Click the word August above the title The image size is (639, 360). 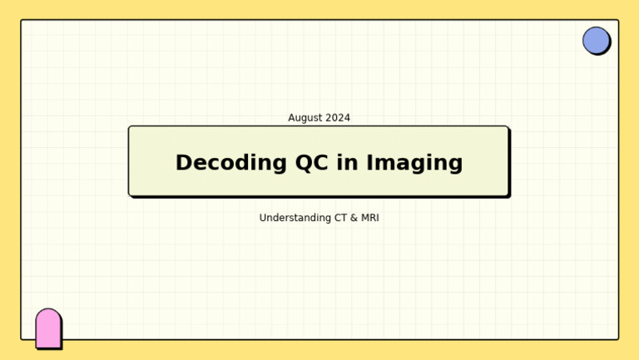click(305, 118)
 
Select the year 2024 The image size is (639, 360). click(338, 118)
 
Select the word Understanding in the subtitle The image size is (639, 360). click(294, 219)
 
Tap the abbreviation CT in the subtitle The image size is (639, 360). click(339, 218)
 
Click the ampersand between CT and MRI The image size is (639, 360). click(353, 218)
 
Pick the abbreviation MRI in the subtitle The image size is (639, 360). click(369, 218)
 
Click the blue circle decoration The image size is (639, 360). click(596, 40)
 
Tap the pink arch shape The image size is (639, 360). click(48, 328)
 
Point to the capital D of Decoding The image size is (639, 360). click(183, 163)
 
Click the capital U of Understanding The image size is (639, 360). click(263, 218)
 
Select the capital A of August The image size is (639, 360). click(292, 118)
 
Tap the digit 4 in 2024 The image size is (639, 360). click(347, 118)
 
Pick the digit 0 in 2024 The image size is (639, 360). click(334, 118)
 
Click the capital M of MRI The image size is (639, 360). click(363, 218)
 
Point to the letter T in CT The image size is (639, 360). click(343, 218)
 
